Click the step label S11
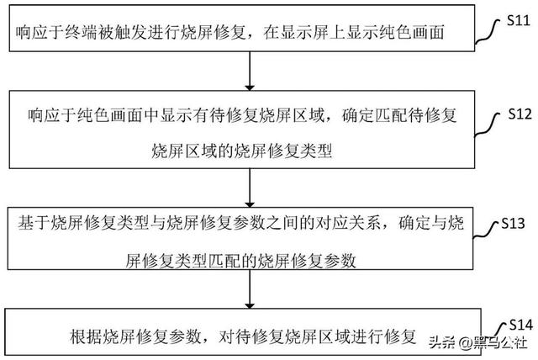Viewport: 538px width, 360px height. click(518, 21)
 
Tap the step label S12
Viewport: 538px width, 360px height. click(520, 114)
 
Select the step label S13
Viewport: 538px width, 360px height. click(513, 224)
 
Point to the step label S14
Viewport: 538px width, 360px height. click(521, 325)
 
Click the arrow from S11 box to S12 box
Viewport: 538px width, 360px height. click(250, 71)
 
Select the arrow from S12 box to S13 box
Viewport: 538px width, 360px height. click(250, 188)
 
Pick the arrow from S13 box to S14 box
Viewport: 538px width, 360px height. click(250, 289)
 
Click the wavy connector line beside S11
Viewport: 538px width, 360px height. click(488, 32)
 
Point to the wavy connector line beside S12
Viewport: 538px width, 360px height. click(488, 125)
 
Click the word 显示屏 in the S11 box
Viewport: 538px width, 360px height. click(305, 33)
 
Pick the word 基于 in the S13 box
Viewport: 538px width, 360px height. click(34, 223)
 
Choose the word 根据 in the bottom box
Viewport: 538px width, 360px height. click(86, 336)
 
